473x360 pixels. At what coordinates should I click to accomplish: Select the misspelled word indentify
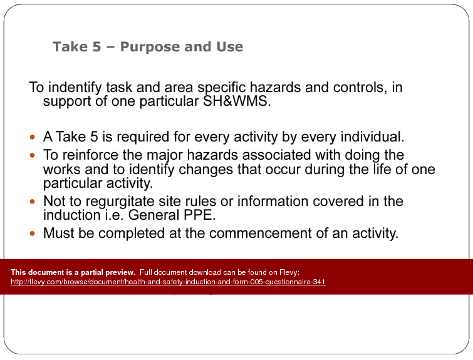pyautogui.click(x=78, y=88)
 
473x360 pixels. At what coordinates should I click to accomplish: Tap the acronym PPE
pyautogui.click(x=207, y=216)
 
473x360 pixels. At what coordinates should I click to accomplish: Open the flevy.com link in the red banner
pyautogui.click(x=169, y=282)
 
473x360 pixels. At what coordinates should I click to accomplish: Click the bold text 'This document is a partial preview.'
pyautogui.click(x=73, y=272)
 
